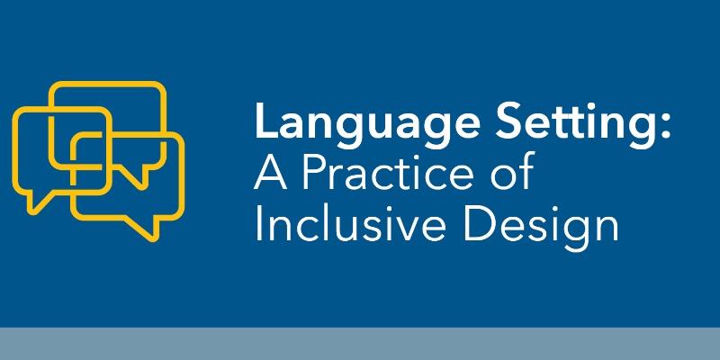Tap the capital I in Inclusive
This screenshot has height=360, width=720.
tap(259, 225)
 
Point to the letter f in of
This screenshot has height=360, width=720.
tap(526, 172)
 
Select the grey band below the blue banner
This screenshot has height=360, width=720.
tap(360, 344)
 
